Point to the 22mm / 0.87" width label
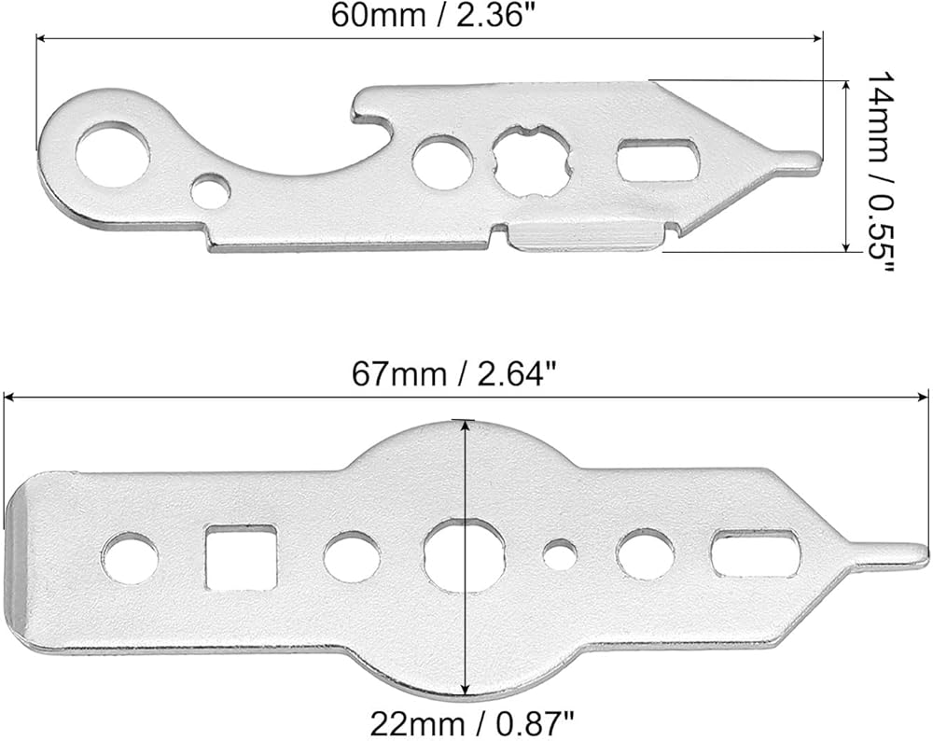pos(472,724)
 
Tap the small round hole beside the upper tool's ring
pos(211,189)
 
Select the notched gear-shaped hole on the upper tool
pos(532,161)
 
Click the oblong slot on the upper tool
pos(658,160)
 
